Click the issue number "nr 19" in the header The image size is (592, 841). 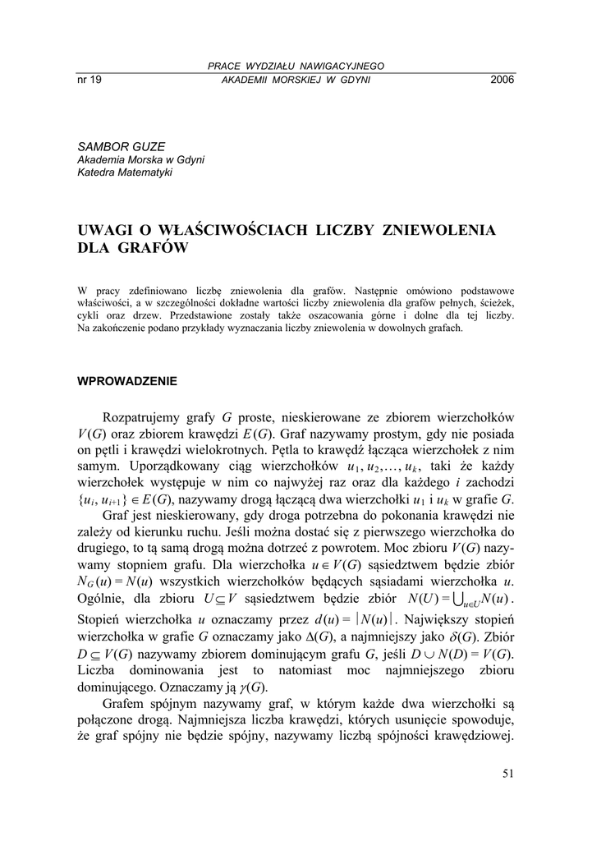(88, 80)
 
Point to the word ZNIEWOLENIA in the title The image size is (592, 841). (440, 229)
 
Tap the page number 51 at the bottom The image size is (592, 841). (507, 772)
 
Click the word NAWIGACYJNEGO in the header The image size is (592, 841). (343, 66)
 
